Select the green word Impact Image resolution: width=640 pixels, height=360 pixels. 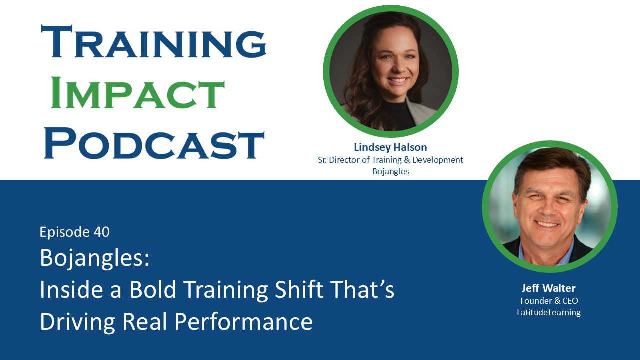[x=138, y=93]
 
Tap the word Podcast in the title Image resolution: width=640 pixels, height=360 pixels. [x=154, y=143]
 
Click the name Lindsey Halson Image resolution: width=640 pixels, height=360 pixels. [x=390, y=147]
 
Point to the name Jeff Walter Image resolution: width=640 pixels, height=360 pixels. [x=549, y=288]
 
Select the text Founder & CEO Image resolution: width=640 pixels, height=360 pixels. [x=549, y=301]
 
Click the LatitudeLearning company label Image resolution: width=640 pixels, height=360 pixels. [x=549, y=313]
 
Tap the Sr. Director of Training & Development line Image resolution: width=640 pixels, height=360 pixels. [x=390, y=160]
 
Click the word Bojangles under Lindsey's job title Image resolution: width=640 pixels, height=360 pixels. [x=390, y=171]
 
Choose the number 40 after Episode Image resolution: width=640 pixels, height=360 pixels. [x=101, y=232]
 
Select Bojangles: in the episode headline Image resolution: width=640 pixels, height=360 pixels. [x=95, y=258]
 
